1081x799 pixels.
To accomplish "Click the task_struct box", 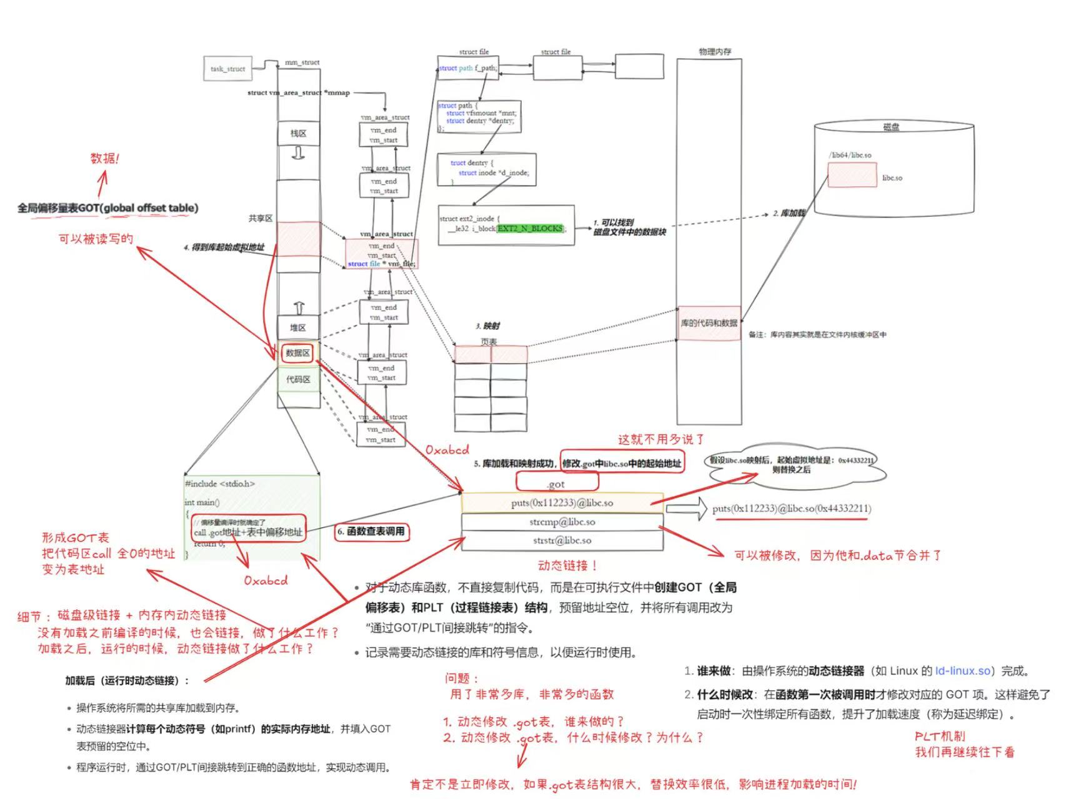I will coord(227,69).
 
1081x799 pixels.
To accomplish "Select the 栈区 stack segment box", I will coord(298,133).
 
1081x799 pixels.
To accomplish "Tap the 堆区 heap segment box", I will coord(298,327).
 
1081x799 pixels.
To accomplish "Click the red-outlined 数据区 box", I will coord(297,353).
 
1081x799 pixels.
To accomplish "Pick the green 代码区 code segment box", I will coord(298,379).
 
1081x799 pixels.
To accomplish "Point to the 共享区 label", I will coord(261,218).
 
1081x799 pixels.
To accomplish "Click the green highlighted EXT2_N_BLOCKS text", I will coord(530,229).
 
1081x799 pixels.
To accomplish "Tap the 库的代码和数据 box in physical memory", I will coord(709,323).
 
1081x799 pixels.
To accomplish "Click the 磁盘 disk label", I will coord(891,127).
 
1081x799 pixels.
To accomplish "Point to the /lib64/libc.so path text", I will coord(850,155).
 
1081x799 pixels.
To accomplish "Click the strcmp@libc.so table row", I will coord(562,522).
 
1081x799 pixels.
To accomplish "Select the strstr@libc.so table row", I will coord(562,540).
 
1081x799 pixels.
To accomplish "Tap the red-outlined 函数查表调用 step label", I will coord(371,532).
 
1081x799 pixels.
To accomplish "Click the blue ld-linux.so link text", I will coord(962,671).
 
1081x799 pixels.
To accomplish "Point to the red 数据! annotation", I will coord(104,158).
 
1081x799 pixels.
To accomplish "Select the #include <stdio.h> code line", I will coord(220,484).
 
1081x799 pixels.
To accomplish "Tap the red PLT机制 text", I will coord(940,737).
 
